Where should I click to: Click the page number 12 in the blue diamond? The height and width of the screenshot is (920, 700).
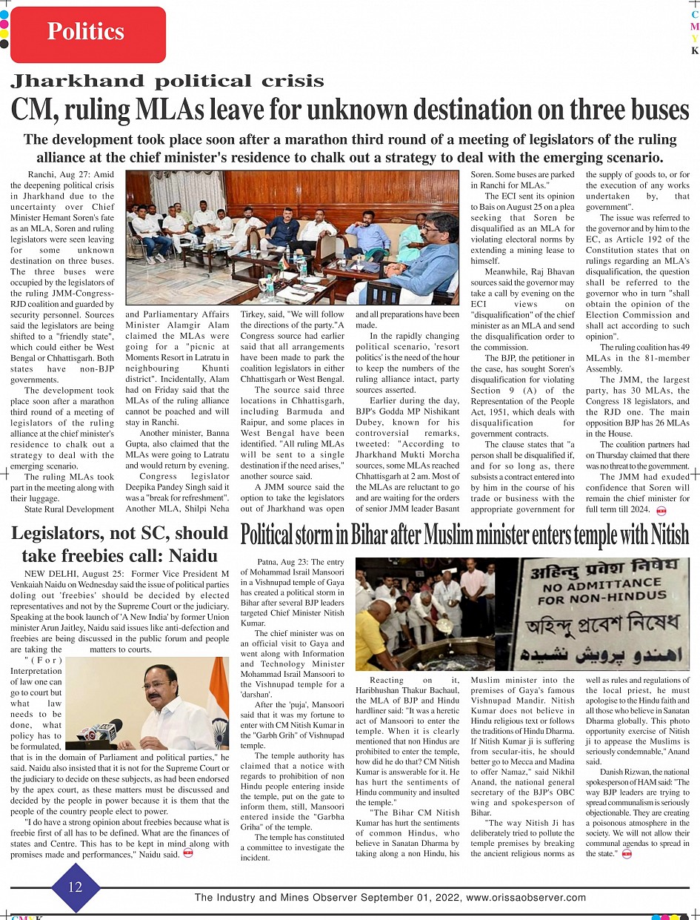click(75, 887)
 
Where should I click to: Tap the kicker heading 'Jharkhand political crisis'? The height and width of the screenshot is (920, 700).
click(167, 81)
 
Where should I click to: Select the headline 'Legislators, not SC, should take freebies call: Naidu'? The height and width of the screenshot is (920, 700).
click(119, 544)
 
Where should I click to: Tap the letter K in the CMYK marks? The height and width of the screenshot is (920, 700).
click(694, 51)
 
